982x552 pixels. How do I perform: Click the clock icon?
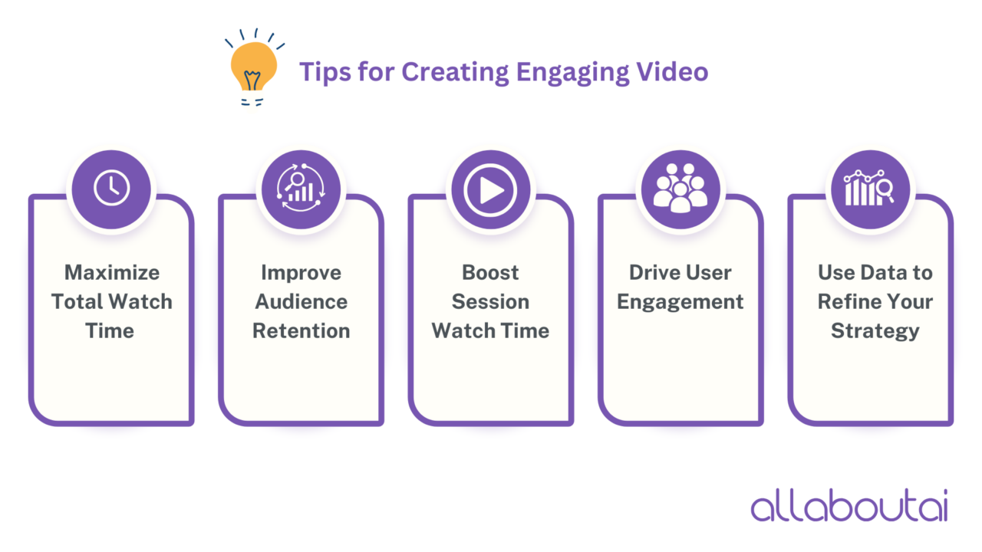112,189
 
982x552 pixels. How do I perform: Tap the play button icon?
491,189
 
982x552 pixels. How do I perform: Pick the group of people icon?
680,189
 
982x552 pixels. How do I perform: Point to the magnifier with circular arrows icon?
301,189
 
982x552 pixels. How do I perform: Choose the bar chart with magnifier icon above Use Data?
871,189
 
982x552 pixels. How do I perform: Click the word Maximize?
112,272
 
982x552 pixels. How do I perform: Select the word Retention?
302,330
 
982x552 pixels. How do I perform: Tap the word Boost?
490,272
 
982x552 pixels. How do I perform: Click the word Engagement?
680,301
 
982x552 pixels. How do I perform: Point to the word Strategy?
875,330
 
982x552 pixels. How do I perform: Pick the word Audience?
302,301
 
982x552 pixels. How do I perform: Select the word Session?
490,301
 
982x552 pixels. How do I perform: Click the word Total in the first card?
75,301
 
